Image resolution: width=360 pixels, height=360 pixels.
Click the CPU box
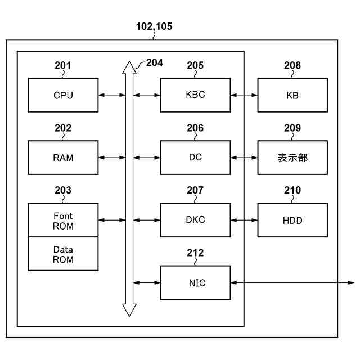pyautogui.click(x=63, y=95)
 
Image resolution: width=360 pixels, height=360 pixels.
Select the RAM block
pyautogui.click(x=63, y=157)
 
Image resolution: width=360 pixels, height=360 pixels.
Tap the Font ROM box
pyautogui.click(x=63, y=220)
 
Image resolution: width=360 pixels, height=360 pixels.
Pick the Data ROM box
pyautogui.click(x=63, y=254)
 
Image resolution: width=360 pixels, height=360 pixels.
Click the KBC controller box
pyautogui.click(x=195, y=95)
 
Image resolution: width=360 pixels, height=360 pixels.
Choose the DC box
pyautogui.click(x=195, y=157)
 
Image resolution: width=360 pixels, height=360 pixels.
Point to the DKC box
pyautogui.click(x=195, y=220)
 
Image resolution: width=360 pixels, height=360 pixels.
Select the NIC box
pyautogui.click(x=195, y=282)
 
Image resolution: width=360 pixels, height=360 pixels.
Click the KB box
pyautogui.click(x=292, y=95)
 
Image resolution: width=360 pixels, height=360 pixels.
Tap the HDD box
pyautogui.click(x=292, y=220)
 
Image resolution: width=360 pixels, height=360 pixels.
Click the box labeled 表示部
pyautogui.click(x=292, y=157)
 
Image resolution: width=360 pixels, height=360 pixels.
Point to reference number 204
pyautogui.click(x=154, y=62)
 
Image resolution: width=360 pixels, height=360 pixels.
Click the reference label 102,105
pyautogui.click(x=154, y=26)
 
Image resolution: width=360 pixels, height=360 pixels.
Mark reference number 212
pyautogui.click(x=195, y=253)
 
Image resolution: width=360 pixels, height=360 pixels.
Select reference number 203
pyautogui.click(x=63, y=191)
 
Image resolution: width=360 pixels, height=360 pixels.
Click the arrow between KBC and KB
pyautogui.click(x=244, y=95)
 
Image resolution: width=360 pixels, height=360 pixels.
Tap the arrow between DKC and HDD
pyautogui.click(x=244, y=220)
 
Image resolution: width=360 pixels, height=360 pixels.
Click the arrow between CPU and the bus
pyautogui.click(x=112, y=95)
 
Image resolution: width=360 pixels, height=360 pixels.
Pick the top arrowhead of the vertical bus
pyautogui.click(x=129, y=67)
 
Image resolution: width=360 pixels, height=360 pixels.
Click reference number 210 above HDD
pyautogui.click(x=292, y=191)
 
